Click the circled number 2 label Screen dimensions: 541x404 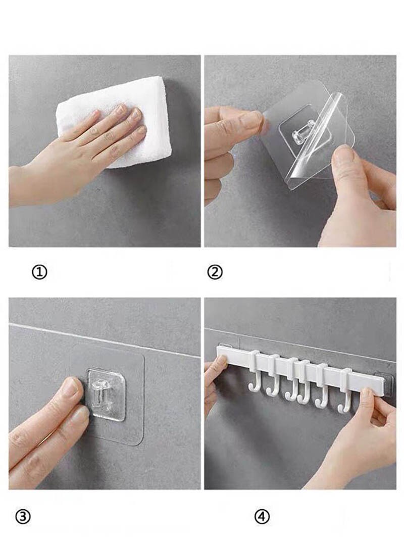point(215,273)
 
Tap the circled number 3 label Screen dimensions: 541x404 point(23,516)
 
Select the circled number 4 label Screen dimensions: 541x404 point(262,516)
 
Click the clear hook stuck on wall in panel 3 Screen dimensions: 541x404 point(105,395)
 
